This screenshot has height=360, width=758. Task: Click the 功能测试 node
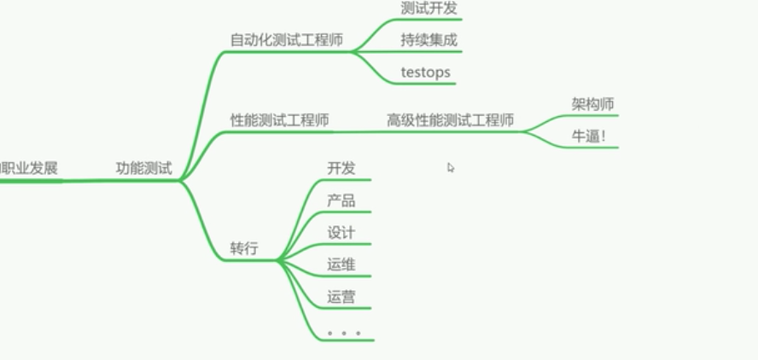[x=143, y=168]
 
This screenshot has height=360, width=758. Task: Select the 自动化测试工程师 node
[x=286, y=39]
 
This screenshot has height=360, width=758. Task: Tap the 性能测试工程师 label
[x=279, y=120]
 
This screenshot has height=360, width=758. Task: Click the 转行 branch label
[x=243, y=248]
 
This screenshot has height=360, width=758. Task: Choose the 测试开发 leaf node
[x=429, y=8]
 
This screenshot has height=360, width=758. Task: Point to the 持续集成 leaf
[x=429, y=39]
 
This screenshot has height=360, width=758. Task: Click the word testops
[x=425, y=72]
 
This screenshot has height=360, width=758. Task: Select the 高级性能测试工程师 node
[x=450, y=120]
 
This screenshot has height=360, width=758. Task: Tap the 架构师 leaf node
[x=592, y=104]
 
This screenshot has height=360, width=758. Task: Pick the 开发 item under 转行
[x=341, y=168]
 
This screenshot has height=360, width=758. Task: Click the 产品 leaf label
[x=341, y=200]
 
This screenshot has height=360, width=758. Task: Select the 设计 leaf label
[x=341, y=232]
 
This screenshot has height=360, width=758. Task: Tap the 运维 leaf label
[x=341, y=264]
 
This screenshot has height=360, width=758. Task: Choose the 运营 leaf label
[x=341, y=297]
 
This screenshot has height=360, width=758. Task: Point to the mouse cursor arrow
[x=451, y=167]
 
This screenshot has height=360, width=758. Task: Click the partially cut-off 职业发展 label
[x=29, y=168]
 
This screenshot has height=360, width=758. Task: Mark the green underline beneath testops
[x=427, y=84]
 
